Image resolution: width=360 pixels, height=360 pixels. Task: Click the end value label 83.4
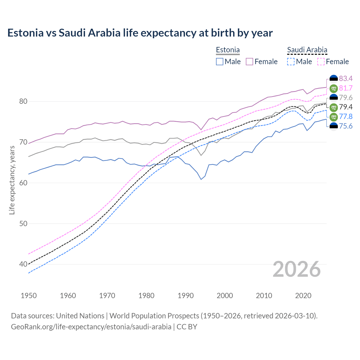click(x=346, y=78)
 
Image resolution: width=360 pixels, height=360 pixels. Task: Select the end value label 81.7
click(x=346, y=88)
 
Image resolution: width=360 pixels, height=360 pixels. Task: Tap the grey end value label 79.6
click(x=346, y=98)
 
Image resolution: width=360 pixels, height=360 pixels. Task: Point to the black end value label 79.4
click(x=346, y=107)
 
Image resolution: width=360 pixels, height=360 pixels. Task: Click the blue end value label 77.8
click(x=346, y=116)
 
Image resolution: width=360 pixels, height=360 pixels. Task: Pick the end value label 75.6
click(x=346, y=126)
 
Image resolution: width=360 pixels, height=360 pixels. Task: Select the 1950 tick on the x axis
click(x=29, y=296)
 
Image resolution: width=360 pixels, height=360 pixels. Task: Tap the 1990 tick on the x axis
click(x=186, y=296)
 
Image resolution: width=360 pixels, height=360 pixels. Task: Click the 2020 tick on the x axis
click(x=303, y=296)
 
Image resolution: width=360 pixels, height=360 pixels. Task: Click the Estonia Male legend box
click(x=220, y=62)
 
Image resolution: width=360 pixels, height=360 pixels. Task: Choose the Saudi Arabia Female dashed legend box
click(x=321, y=62)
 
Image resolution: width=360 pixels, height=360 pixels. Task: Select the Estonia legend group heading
click(x=228, y=50)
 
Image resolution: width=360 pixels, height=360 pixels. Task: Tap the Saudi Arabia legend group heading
click(x=307, y=50)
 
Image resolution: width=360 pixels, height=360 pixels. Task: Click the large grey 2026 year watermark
click(x=297, y=269)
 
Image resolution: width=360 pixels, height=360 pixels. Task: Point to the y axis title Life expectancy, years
click(x=12, y=180)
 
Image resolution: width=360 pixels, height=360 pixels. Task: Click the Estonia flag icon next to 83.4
click(x=334, y=78)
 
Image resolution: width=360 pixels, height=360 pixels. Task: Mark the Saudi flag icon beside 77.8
click(x=334, y=116)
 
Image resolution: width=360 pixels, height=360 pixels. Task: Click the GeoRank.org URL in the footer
click(x=91, y=327)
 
